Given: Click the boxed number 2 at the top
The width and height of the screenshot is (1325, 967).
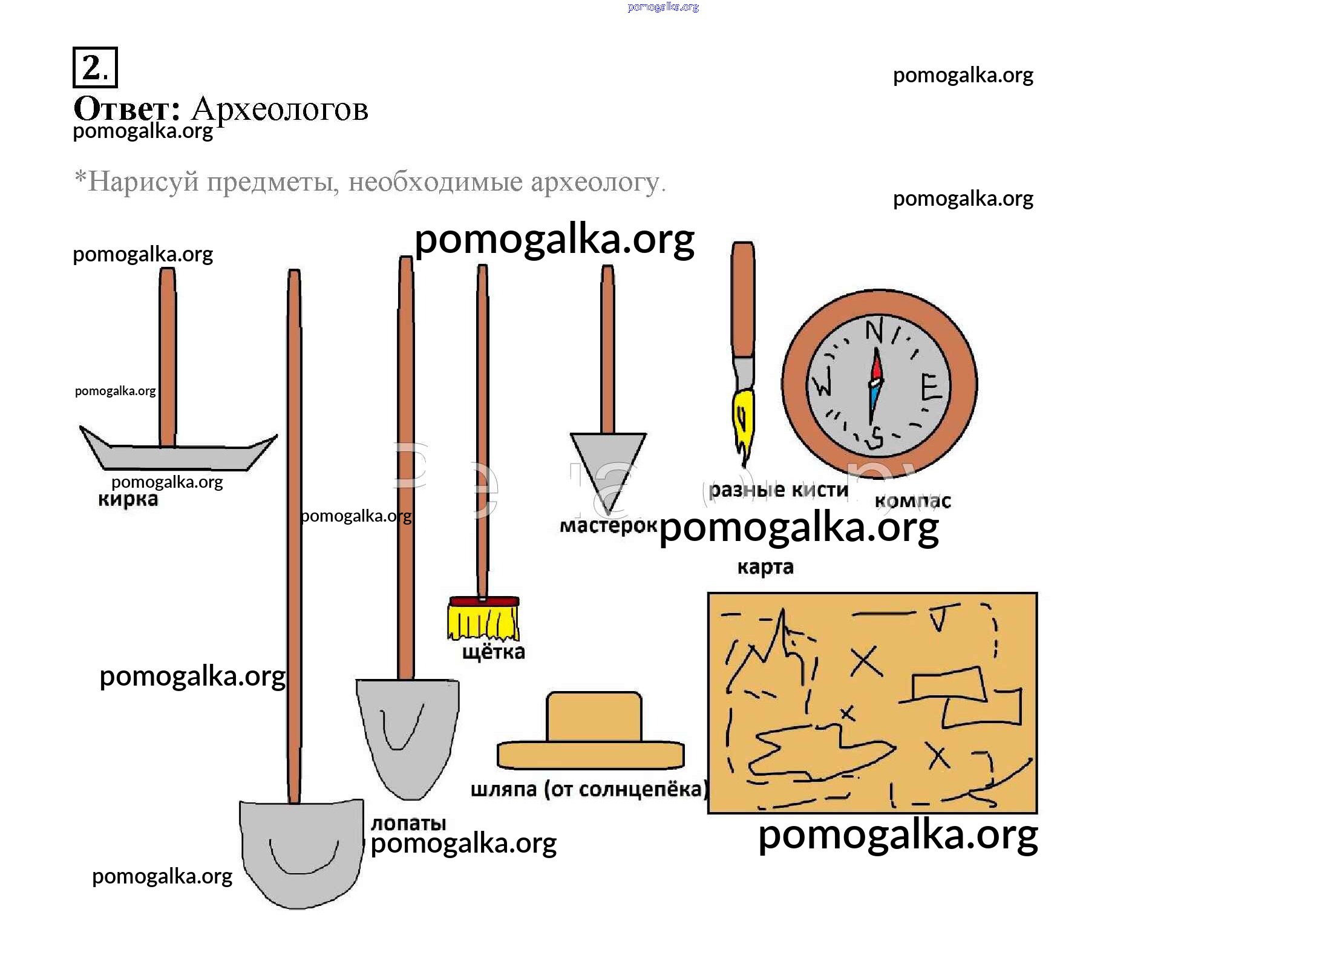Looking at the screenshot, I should tap(94, 67).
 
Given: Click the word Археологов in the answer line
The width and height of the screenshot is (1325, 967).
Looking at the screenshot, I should tap(280, 110).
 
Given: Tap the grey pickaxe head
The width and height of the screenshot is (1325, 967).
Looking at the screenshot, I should tap(175, 456).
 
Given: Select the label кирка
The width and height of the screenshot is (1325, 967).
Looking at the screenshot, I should tap(128, 499).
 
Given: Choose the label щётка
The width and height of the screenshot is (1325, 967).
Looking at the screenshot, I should tap(494, 652).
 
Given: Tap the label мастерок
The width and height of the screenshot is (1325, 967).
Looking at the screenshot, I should tap(608, 525).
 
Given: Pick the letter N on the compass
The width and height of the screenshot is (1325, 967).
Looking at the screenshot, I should tap(874, 331).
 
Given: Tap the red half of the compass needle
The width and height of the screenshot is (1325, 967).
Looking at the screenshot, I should tap(877, 365).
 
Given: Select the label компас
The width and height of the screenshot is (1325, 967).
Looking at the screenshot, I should tap(912, 501).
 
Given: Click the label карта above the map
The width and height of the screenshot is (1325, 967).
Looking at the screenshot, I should tap(765, 567).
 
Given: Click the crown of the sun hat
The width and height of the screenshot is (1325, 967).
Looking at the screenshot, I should tap(594, 716).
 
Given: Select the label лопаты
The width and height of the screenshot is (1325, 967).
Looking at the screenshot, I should tap(408, 823).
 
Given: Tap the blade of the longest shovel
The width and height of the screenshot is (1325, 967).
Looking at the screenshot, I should tap(301, 853).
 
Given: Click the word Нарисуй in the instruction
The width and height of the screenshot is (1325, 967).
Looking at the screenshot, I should tap(143, 182).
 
